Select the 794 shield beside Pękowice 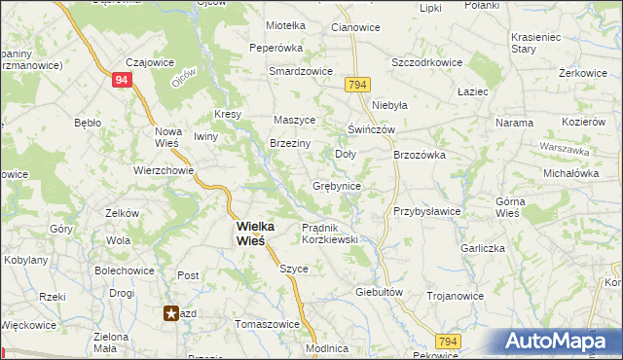448,341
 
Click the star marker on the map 171,313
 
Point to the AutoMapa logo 559,341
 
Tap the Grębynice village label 338,186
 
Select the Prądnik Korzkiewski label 330,233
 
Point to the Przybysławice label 426,211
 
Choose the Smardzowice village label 302,72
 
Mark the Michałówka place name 571,172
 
